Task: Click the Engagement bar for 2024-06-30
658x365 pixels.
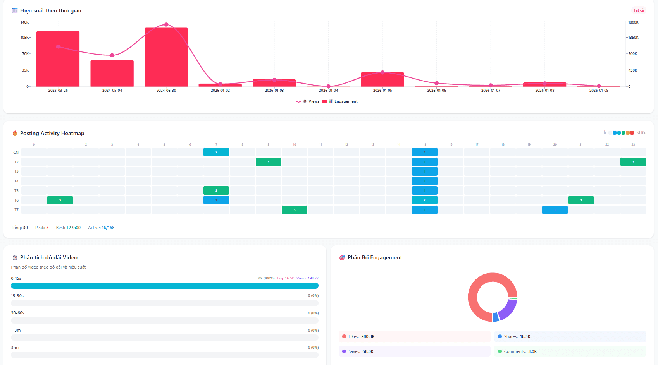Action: [x=166, y=58]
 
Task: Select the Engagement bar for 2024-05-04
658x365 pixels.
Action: [x=112, y=74]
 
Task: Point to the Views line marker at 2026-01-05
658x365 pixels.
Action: [x=382, y=72]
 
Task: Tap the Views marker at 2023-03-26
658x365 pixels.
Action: [x=58, y=46]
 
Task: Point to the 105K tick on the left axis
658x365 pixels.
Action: [x=25, y=38]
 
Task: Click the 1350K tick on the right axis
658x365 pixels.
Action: [x=633, y=38]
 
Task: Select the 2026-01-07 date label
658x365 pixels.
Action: [x=491, y=91]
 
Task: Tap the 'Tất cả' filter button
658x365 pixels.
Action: [x=638, y=10]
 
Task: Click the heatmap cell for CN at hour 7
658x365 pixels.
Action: [x=216, y=152]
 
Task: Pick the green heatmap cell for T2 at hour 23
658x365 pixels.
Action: [x=633, y=162]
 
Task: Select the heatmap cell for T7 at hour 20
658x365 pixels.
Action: [x=555, y=210]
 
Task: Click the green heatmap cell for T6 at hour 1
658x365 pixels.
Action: [x=60, y=200]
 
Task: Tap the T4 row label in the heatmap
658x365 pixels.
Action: [x=16, y=181]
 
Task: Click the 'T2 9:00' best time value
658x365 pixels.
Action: [x=73, y=228]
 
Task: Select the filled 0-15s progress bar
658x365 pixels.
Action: [x=165, y=286]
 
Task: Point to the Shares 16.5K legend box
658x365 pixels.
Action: [x=570, y=336]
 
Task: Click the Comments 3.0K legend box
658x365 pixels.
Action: [x=570, y=351]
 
